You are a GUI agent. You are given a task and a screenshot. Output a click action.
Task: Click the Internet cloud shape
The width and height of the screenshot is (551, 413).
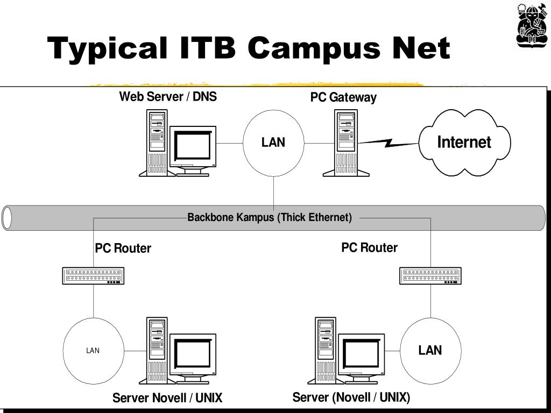tap(464, 143)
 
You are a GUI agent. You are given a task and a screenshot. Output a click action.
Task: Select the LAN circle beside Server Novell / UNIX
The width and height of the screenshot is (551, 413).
tap(93, 350)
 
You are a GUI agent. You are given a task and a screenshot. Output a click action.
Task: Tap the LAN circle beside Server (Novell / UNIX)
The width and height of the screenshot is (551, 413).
tap(430, 350)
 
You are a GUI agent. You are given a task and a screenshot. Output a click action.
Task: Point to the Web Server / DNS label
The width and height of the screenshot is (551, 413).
tap(168, 97)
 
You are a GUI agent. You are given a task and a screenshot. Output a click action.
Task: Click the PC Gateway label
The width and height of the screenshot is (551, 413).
tap(343, 97)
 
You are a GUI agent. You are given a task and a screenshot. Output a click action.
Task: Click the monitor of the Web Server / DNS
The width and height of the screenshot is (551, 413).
tap(193, 148)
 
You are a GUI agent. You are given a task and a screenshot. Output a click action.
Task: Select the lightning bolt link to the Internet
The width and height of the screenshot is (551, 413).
tap(388, 143)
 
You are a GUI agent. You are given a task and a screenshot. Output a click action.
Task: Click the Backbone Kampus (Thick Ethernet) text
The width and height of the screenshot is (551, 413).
tap(270, 217)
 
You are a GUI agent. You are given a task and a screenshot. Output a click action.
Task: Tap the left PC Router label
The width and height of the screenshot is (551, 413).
tap(123, 248)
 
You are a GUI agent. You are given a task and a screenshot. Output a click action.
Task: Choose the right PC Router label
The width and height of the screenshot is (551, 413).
tap(369, 248)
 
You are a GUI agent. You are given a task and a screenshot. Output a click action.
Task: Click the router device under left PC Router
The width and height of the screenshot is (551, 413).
tap(93, 276)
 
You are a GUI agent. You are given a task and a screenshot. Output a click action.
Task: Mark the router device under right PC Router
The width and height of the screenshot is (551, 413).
tap(430, 276)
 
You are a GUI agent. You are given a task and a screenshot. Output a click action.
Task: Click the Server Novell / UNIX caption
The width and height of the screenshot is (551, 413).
tap(167, 398)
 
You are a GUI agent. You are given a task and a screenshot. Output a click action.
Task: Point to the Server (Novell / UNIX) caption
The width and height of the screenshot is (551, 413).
tap(351, 397)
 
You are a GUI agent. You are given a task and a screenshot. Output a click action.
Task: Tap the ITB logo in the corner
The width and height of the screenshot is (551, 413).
tap(531, 25)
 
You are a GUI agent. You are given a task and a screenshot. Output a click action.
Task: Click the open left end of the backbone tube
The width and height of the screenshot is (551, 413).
tap(7, 218)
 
